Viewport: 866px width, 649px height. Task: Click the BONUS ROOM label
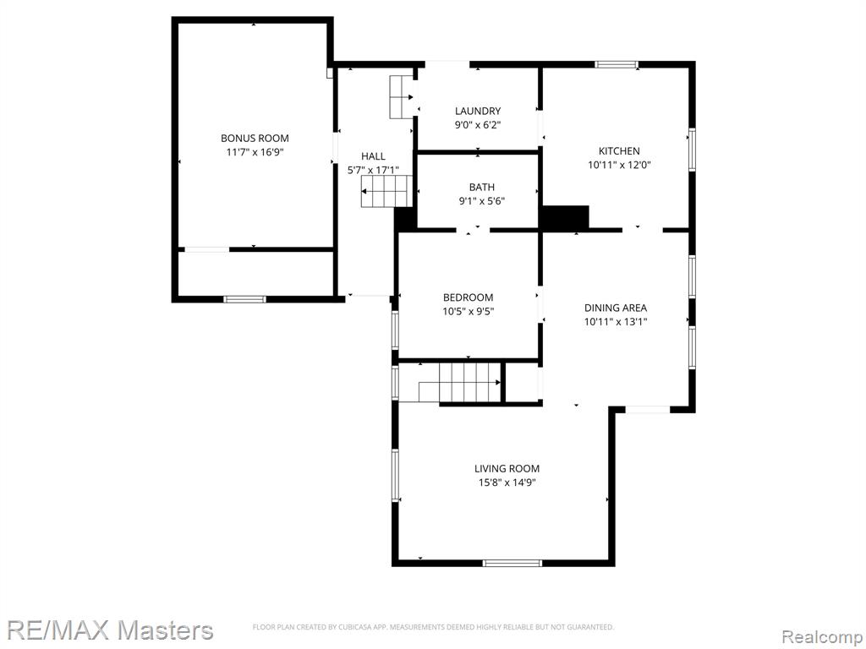coord(255,138)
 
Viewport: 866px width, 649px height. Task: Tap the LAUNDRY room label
coord(478,111)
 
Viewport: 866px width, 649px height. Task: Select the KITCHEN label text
coord(619,150)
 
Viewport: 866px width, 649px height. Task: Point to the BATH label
coord(481,187)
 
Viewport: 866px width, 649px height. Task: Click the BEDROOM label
coord(468,297)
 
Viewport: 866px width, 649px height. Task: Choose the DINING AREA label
coord(616,308)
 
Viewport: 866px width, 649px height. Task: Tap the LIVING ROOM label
coord(507,468)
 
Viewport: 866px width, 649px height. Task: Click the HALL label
coord(373,156)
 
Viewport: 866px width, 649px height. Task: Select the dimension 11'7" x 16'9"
coord(255,152)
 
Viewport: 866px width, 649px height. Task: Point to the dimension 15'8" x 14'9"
coord(507,483)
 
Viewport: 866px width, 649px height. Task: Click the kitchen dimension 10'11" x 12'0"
coord(619,165)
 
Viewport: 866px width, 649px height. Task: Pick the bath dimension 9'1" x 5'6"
coord(481,201)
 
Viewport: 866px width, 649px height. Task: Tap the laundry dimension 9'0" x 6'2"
coord(478,125)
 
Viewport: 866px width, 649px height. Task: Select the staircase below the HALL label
coord(387,192)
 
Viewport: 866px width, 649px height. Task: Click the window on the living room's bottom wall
coord(512,563)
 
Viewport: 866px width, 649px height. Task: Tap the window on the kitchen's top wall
coord(617,64)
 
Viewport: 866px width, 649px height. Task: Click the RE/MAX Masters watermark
coord(110,630)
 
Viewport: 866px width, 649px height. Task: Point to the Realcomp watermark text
coord(822,636)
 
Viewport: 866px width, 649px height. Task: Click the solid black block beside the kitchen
coord(565,217)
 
